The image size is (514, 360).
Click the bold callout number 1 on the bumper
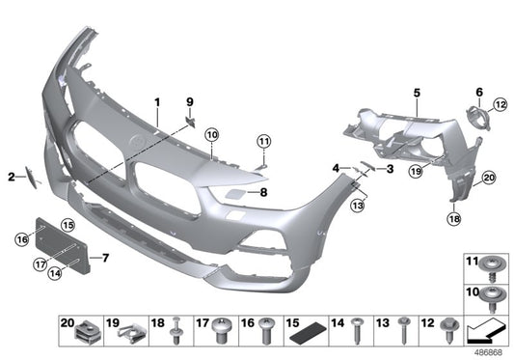point(155,101)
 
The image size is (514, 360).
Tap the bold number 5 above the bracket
point(417,93)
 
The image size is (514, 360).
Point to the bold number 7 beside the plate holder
point(106,258)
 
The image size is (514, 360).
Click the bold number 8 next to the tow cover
point(263,192)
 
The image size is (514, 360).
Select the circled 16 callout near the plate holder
point(22,237)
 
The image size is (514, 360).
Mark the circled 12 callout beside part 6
point(500,104)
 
